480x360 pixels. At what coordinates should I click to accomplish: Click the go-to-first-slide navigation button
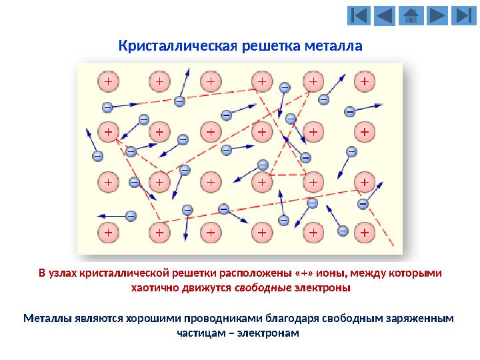point(358,15)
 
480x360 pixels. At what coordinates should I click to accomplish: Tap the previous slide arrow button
point(385,15)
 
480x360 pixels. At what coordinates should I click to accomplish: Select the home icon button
point(411,15)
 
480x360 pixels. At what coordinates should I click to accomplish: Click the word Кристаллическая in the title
point(174,47)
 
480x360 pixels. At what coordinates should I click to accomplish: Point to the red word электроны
point(322,289)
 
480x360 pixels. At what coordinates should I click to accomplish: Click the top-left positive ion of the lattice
point(108,81)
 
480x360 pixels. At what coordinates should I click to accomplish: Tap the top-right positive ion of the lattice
point(364,81)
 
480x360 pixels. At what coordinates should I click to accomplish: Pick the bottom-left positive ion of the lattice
point(108,233)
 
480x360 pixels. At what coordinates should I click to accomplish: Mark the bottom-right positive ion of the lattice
point(364,233)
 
